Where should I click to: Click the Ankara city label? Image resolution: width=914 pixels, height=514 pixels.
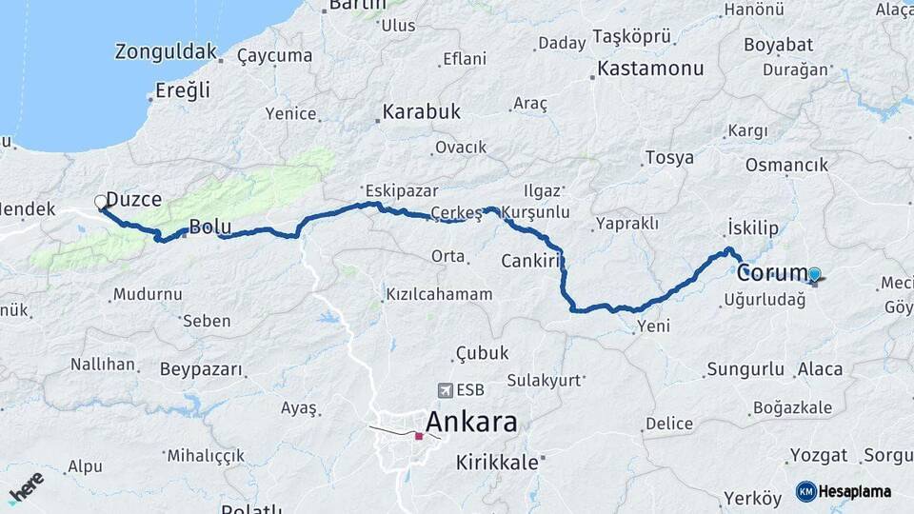(x=471, y=422)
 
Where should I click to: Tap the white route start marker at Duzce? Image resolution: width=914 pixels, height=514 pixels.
(x=101, y=201)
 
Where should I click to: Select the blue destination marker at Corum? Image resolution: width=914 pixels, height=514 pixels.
(x=814, y=275)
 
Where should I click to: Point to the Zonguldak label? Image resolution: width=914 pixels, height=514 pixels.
(x=166, y=51)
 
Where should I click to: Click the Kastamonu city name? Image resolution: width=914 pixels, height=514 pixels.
(x=650, y=69)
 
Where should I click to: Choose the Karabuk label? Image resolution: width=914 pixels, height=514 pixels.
(x=421, y=112)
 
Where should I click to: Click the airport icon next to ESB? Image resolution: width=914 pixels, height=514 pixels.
(x=445, y=390)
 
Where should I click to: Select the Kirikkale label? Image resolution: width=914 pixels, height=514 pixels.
(x=497, y=462)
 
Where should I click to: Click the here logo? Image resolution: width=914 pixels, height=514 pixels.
(x=26, y=487)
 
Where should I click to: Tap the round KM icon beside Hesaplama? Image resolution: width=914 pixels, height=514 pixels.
(x=805, y=491)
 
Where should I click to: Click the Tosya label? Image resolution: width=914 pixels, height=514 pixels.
(x=669, y=158)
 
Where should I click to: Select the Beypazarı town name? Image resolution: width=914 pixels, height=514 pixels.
(x=201, y=368)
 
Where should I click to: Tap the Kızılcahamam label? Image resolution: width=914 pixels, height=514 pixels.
(x=439, y=294)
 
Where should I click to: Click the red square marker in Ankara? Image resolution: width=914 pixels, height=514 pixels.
(x=418, y=436)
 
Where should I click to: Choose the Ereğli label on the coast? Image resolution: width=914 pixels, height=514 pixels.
(x=182, y=91)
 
